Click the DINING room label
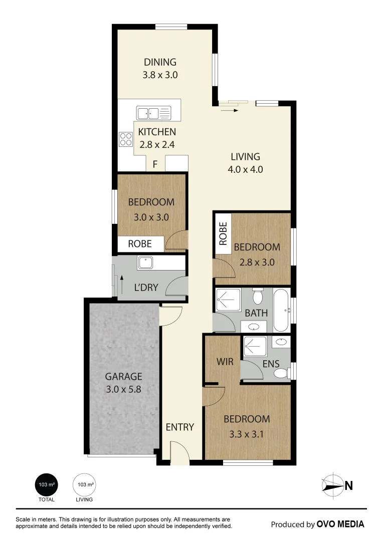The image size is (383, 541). tap(160, 62)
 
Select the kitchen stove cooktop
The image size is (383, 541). tap(126, 139)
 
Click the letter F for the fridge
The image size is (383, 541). tap(155, 164)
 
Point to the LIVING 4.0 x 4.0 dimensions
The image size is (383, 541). tap(245, 169)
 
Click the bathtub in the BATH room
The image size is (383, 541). tap(281, 310)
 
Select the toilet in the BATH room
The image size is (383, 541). tap(257, 296)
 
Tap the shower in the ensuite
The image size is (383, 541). tap(255, 346)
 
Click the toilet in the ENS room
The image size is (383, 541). tap(282, 373)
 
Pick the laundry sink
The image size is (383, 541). tap(145, 262)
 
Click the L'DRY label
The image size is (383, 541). tap(146, 288)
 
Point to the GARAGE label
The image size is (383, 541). tap(124, 376)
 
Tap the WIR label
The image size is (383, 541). tap(225, 362)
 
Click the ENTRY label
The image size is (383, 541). tap(180, 427)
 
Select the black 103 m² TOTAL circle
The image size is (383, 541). tap(47, 484)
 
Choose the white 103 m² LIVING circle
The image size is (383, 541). tap(84, 484)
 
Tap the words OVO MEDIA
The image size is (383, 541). tap(340, 524)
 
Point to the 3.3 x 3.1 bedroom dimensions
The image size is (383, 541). tap(247, 434)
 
